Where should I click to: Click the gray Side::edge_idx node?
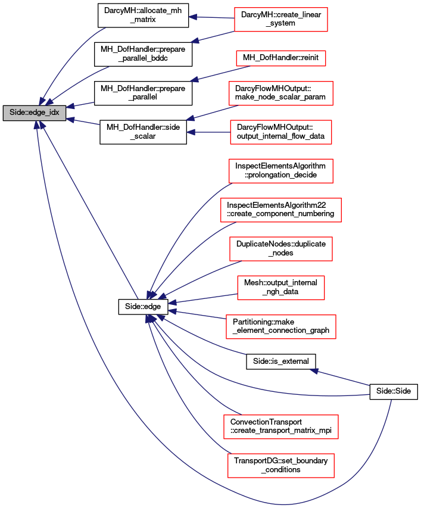click(x=35, y=113)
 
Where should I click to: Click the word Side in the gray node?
click(x=16, y=113)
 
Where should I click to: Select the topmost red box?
click(x=281, y=20)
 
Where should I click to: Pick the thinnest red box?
click(x=281, y=58)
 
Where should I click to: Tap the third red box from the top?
click(x=281, y=94)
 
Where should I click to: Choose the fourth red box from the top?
click(x=281, y=132)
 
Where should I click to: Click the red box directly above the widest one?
click(x=281, y=171)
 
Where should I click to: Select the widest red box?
click(x=281, y=210)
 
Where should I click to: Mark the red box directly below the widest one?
click(x=281, y=249)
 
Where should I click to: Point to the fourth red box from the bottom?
click(x=281, y=288)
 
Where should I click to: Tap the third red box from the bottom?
click(x=281, y=327)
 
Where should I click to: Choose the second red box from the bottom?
click(x=281, y=427)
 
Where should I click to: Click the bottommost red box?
click(x=281, y=466)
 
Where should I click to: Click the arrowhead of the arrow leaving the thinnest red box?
click(x=194, y=79)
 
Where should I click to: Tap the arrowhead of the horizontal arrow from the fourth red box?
click(x=191, y=132)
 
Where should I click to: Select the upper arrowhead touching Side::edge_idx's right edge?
click(x=70, y=107)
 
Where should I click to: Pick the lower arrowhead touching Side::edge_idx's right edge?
click(x=70, y=120)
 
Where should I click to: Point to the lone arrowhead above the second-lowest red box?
click(x=314, y=370)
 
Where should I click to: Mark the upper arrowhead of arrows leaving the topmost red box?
click(x=193, y=17)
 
